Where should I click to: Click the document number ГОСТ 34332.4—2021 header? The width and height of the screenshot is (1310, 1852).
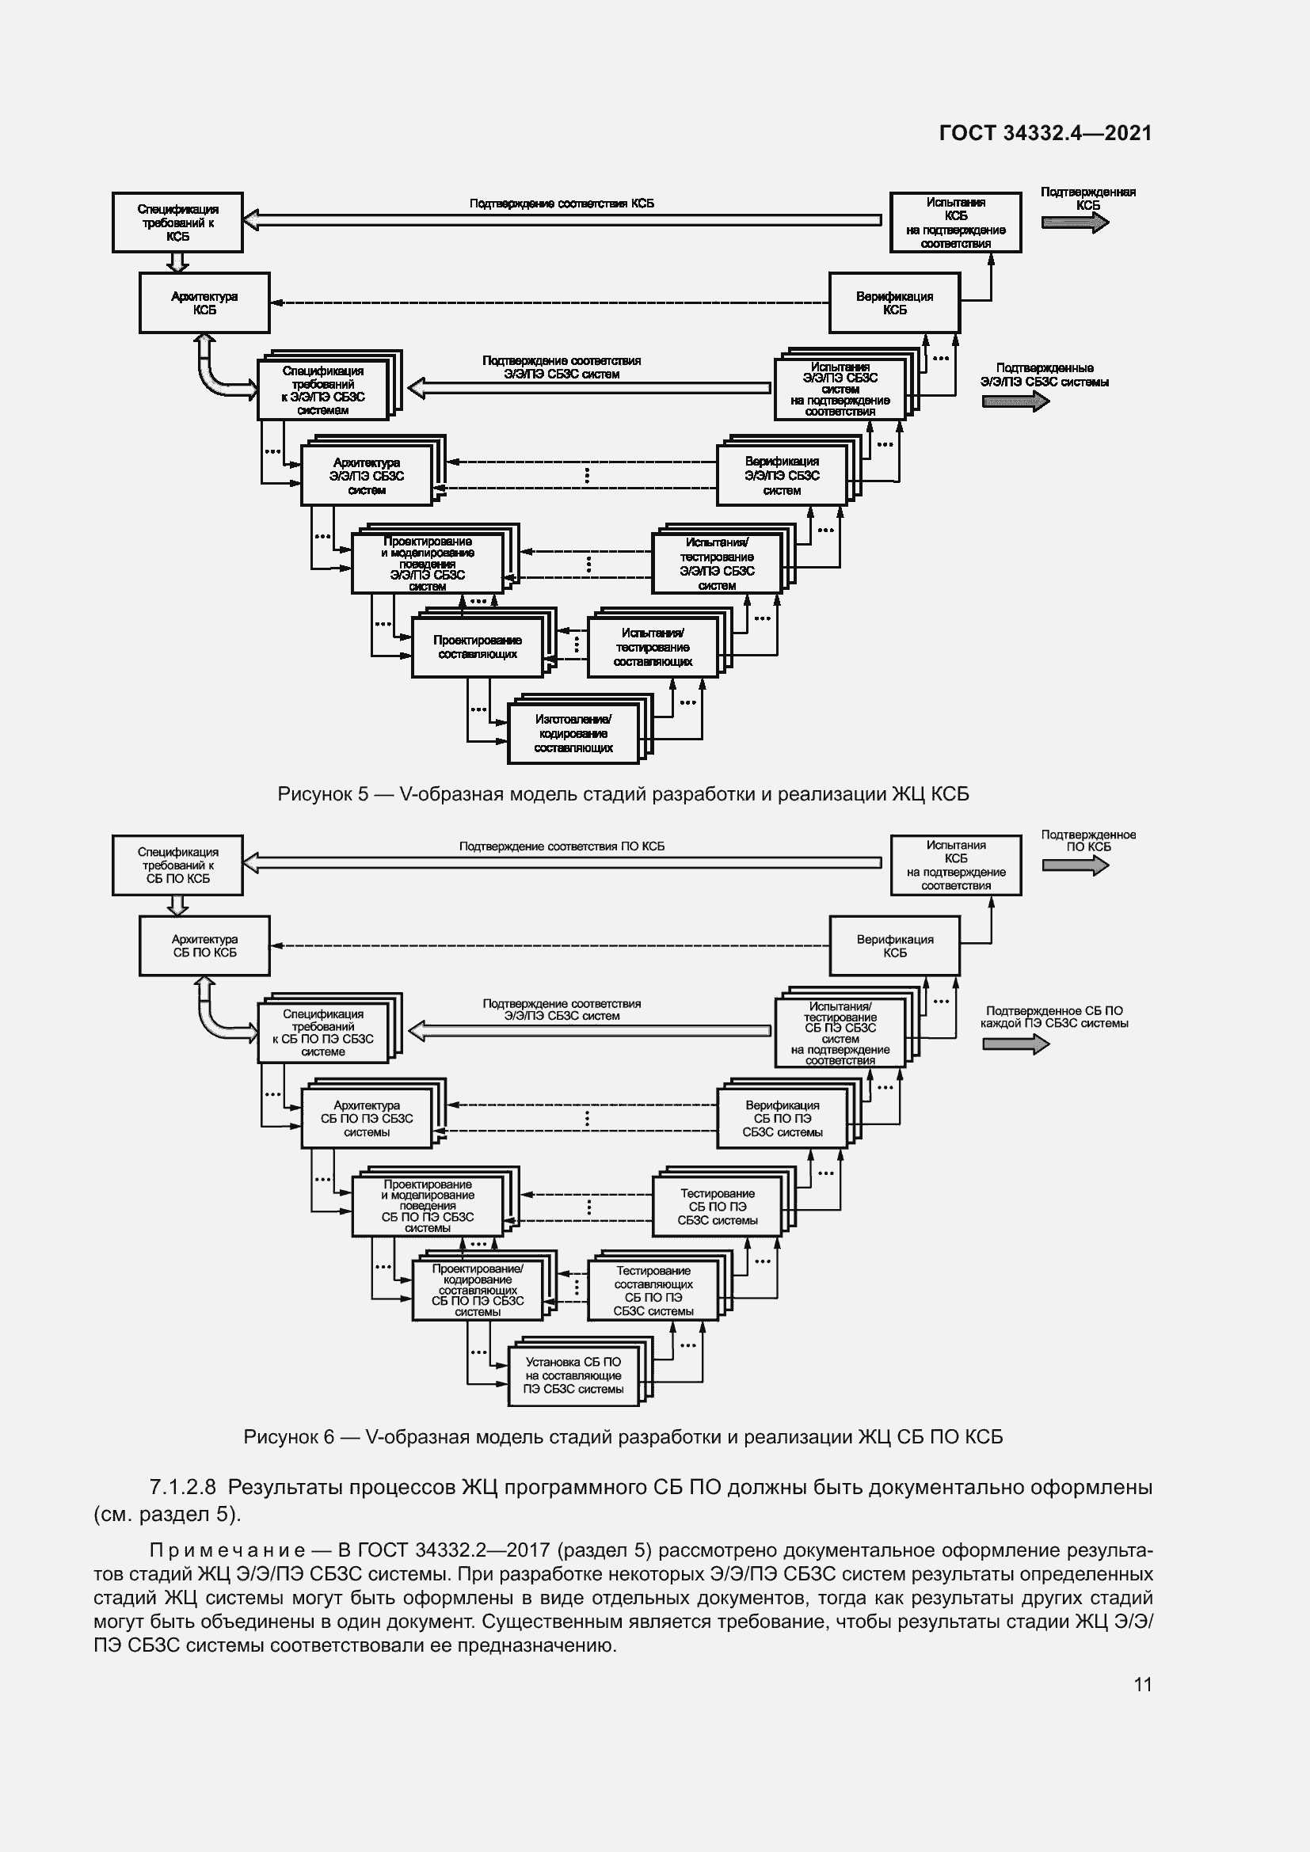click(1045, 133)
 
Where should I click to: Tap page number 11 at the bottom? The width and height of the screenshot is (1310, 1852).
click(1142, 1684)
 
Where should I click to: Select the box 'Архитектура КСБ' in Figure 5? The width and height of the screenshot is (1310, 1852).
click(204, 303)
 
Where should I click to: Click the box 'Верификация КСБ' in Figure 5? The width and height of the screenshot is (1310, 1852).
click(893, 303)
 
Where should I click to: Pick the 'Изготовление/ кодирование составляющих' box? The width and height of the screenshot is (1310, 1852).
click(573, 733)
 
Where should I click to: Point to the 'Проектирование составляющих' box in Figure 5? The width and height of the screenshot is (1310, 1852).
click(477, 647)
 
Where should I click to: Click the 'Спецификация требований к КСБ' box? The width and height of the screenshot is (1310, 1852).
click(177, 222)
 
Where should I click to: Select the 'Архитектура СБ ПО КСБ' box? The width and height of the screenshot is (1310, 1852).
click(204, 945)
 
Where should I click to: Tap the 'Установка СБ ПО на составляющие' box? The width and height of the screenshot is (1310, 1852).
click(573, 1375)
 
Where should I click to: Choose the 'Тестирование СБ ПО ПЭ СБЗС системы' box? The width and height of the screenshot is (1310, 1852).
click(716, 1207)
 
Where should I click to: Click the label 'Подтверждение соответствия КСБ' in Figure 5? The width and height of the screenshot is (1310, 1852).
click(562, 203)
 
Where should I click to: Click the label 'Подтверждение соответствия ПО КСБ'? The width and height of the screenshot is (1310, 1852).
click(562, 846)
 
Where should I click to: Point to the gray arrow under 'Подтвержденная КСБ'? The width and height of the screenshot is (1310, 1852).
click(1075, 222)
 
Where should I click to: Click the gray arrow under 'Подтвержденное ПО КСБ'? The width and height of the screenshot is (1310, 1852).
click(1075, 865)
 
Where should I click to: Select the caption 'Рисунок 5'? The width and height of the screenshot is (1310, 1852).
click(322, 794)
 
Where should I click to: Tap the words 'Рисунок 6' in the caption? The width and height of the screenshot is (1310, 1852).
click(289, 1436)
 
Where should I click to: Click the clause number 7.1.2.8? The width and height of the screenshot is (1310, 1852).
click(182, 1488)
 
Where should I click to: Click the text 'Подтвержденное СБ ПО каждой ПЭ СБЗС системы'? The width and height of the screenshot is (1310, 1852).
click(1053, 1017)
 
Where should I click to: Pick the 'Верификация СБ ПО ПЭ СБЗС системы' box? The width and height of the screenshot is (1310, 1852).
click(782, 1119)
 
